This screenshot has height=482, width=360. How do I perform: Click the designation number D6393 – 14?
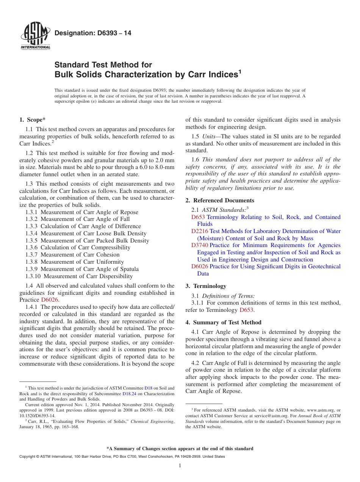pyautogui.click(x=93, y=33)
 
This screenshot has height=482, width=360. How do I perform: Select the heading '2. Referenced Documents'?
pyautogui.click(x=220, y=200)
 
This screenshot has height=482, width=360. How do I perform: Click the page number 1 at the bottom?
pyautogui.click(x=180, y=466)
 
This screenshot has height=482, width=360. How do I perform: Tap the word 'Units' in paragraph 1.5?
pyautogui.click(x=209, y=136)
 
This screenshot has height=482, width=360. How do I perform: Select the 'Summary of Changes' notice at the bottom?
pyautogui.click(x=180, y=449)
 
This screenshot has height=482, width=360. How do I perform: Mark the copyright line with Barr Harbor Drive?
pyautogui.click(x=122, y=457)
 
